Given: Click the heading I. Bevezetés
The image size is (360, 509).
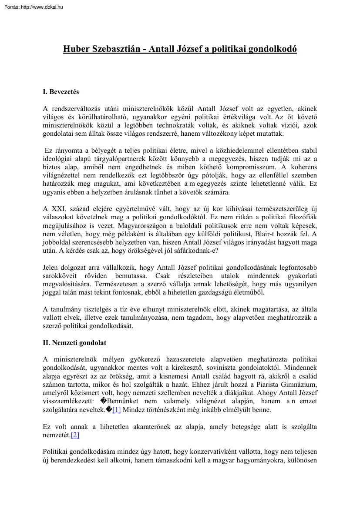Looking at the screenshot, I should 61,92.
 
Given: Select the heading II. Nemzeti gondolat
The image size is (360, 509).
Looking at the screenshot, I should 74,343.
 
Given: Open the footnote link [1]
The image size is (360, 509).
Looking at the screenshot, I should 116,409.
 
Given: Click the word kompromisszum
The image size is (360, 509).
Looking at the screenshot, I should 243,167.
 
